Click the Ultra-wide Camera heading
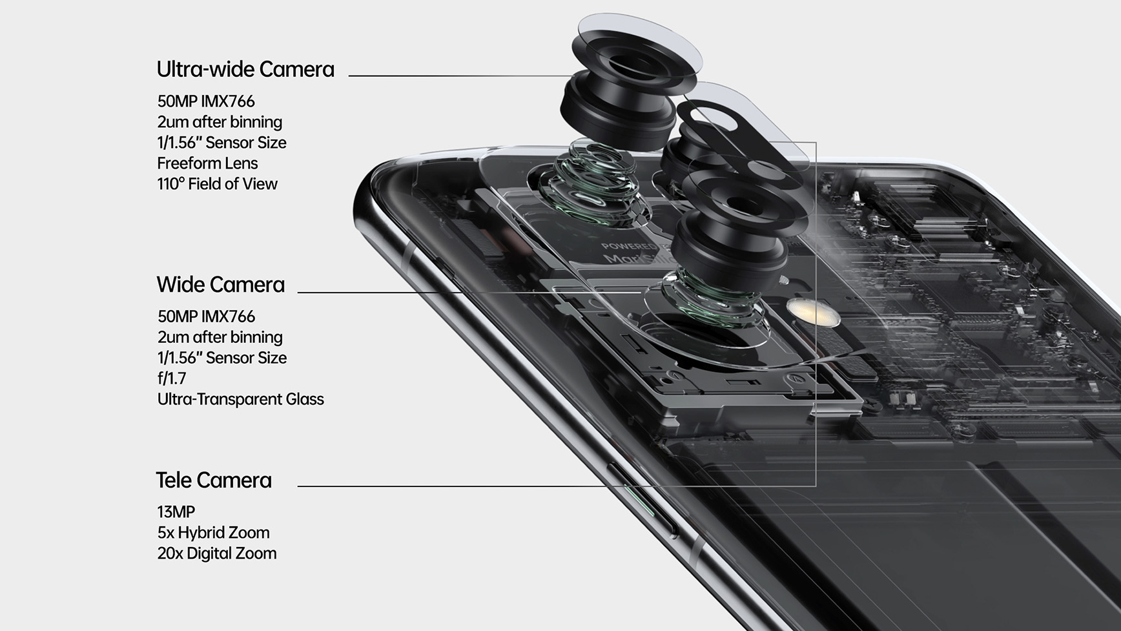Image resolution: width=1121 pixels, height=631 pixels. pyautogui.click(x=245, y=70)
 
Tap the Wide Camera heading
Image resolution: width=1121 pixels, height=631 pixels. pyautogui.click(x=220, y=285)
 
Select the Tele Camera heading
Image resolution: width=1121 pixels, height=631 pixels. pyautogui.click(x=214, y=481)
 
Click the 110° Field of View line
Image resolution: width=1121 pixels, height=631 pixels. pyautogui.click(x=217, y=184)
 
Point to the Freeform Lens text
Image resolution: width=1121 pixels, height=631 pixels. pyautogui.click(x=207, y=163)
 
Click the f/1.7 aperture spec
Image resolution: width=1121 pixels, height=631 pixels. pyautogui.click(x=171, y=378)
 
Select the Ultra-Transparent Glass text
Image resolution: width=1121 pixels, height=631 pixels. pyautogui.click(x=240, y=399)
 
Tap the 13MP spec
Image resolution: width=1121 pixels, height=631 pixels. pyautogui.click(x=176, y=512)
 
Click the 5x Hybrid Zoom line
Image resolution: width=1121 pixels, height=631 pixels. pyautogui.click(x=213, y=533)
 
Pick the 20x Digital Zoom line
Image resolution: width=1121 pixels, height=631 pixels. pyautogui.click(x=216, y=553)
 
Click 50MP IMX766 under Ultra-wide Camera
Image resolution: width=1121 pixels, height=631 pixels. pyautogui.click(x=206, y=101)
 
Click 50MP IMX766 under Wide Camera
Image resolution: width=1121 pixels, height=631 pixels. pyautogui.click(x=206, y=316)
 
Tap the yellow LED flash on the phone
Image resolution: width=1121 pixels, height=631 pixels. pyautogui.click(x=812, y=313)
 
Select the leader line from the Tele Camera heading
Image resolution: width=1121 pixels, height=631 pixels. pyautogui.click(x=452, y=486)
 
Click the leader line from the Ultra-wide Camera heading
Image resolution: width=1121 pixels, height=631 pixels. pyautogui.click(x=452, y=76)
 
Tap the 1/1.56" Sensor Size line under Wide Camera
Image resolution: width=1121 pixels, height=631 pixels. pyautogui.click(x=221, y=358)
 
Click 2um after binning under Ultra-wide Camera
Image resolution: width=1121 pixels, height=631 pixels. pyautogui.click(x=220, y=122)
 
